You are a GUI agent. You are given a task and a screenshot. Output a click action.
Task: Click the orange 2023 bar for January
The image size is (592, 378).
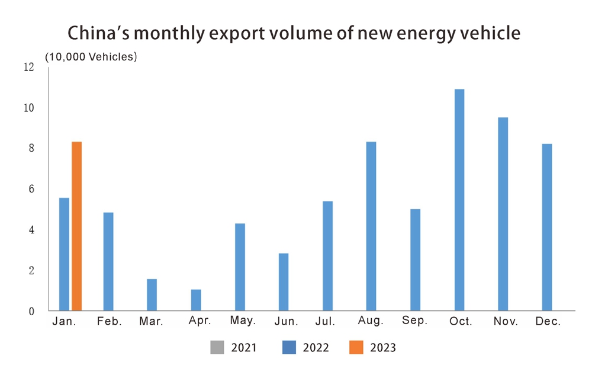pos(76,226)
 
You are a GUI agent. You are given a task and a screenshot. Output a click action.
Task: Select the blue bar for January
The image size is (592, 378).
pos(64,254)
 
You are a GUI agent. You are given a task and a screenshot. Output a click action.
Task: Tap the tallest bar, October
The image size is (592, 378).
pos(459,200)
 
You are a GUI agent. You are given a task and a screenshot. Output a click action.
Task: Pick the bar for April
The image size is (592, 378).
pos(196,300)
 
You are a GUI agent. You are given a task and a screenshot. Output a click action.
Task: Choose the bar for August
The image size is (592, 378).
pos(371,226)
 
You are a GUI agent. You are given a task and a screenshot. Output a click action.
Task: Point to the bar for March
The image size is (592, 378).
pos(152,294)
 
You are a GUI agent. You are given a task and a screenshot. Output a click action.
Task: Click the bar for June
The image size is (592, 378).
pos(284,281)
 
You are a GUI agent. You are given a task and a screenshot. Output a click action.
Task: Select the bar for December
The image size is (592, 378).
pos(547,227)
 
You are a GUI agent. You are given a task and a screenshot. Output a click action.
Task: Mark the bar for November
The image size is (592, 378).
pos(503,214)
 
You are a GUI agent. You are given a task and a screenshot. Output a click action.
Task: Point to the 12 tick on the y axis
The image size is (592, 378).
pos(29,68)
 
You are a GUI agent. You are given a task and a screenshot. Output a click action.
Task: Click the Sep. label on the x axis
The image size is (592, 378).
pos(415,322)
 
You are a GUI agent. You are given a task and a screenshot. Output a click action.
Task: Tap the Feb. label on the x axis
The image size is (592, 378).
pos(108,322)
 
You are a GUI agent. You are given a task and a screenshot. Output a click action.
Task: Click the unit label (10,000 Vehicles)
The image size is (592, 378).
pos(91,57)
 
